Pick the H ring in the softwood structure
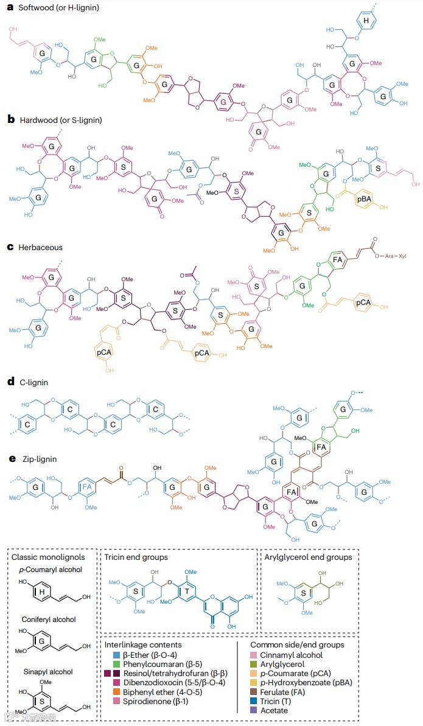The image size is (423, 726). (x=366, y=21)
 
